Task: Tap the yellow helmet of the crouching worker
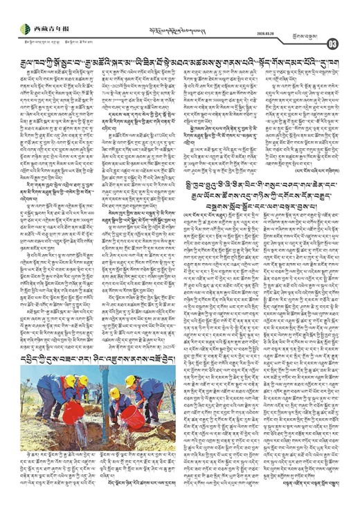[114, 393]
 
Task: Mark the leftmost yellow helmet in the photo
[69, 380]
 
